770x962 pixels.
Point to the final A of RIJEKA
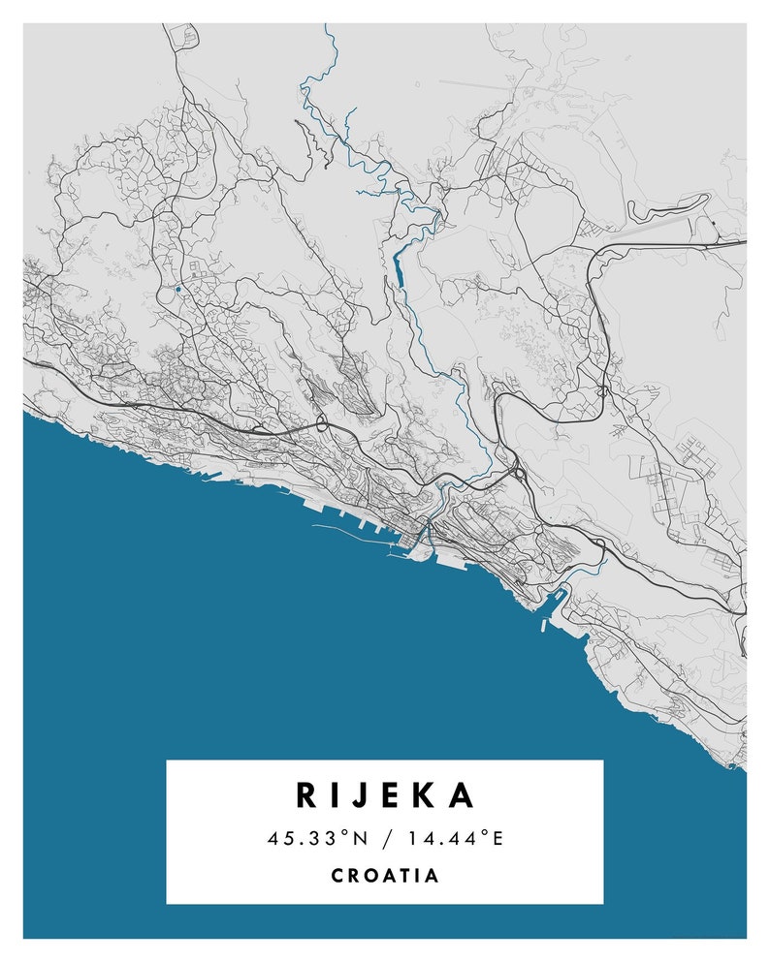point(463,795)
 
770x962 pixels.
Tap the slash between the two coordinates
point(384,838)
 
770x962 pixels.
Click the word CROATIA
point(385,876)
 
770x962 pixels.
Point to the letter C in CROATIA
point(337,876)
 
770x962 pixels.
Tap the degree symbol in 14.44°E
point(482,834)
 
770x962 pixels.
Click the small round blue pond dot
point(178,289)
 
